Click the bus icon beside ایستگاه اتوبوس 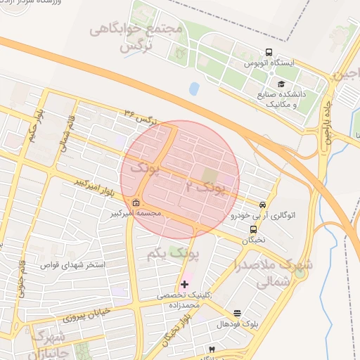pos(269,53)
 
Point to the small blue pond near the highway pos(194,89)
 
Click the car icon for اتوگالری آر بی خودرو pos(263,205)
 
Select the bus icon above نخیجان pos(253,229)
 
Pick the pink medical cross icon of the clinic pos(184,285)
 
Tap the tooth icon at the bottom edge pos(212,349)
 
